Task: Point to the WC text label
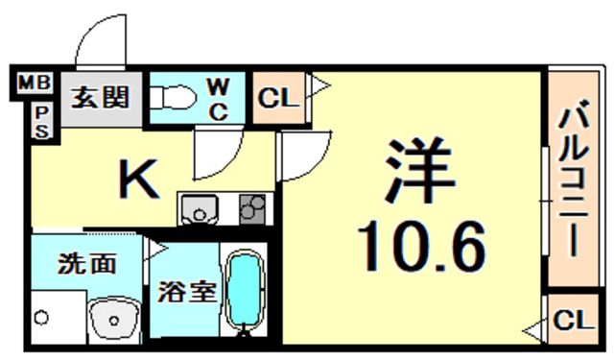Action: point(218,98)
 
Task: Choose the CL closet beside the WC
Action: point(278,97)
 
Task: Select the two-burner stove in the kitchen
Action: point(252,208)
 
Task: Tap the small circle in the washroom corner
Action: point(40,315)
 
